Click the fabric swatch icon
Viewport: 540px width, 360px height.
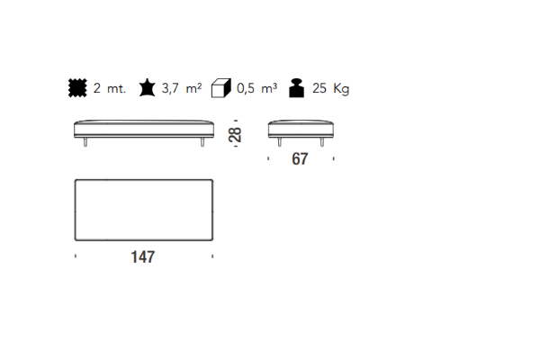[77, 88]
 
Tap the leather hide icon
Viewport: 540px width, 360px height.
[148, 88]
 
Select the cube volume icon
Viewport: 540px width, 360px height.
[221, 88]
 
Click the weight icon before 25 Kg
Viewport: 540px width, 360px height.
[296, 88]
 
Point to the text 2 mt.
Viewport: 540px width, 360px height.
[110, 88]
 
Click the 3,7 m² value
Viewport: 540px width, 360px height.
[182, 88]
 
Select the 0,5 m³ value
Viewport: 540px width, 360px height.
[256, 88]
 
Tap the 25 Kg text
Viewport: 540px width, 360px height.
[330, 88]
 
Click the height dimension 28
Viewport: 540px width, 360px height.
[235, 135]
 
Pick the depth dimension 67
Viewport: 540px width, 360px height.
[300, 158]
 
